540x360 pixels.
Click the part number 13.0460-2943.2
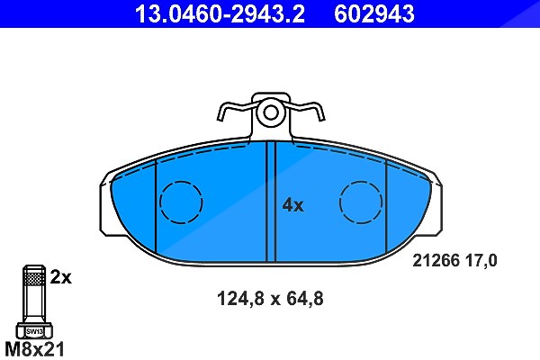point(220,13)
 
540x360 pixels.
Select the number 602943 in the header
point(374,13)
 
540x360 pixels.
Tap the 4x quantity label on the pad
point(292,205)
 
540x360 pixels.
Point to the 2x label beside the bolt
point(60,277)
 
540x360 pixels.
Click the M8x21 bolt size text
point(34,349)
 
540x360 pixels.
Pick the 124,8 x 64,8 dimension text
point(270,298)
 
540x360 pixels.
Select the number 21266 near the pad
point(436,260)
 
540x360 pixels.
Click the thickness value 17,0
point(481,260)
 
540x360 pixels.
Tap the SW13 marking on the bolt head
point(34,332)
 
